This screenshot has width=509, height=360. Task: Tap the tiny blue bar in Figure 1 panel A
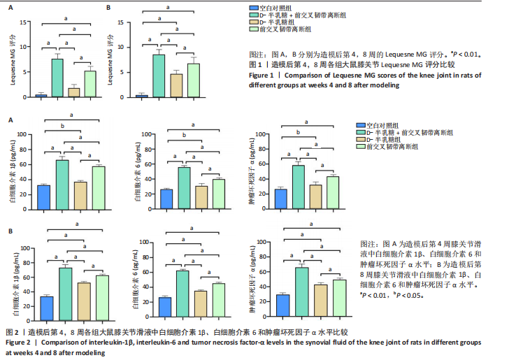coord(41,95)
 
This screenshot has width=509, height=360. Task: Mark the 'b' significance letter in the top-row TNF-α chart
coord(297,132)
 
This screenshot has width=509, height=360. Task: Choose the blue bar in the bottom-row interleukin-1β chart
coord(47,308)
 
